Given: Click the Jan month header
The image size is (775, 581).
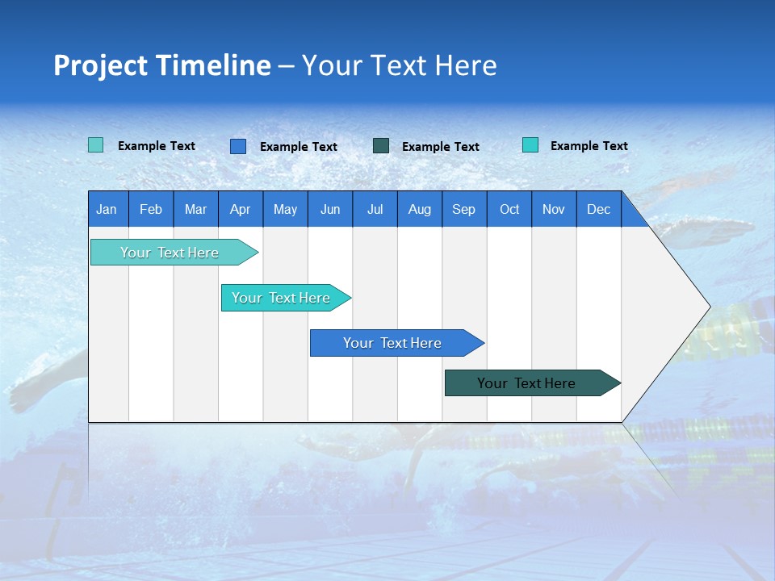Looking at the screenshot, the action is coord(107,209).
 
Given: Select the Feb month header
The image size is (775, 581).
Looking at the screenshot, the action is coord(151,209).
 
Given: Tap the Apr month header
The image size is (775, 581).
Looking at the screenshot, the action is coord(241,209).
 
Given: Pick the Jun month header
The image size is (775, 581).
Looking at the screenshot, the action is coord(330,209).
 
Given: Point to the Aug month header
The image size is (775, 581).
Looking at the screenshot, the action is coord(420,209).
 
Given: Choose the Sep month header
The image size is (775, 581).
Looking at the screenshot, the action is coord(464,209).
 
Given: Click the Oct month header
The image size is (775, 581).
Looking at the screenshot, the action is coord(509,209).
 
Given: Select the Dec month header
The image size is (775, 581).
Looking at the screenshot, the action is coord(599,209).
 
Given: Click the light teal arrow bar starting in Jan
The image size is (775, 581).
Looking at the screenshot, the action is coord(170,253).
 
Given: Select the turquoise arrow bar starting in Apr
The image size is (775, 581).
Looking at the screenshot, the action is coord(281,298).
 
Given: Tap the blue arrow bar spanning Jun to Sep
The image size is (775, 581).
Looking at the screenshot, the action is coord(392,343).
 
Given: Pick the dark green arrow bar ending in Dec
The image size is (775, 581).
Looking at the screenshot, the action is coord(526,383).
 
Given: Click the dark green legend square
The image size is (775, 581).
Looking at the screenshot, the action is coord(381,146).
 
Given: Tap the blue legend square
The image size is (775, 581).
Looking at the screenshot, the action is coord(238,146).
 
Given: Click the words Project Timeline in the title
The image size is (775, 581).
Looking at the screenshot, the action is coord(161,65).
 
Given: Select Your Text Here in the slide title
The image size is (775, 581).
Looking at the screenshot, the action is coord(400,65).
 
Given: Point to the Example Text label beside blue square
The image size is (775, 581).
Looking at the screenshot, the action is coord(299,147).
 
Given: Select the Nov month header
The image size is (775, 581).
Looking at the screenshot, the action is coord(554,209).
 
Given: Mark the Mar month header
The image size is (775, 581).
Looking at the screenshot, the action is coord(195,209).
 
